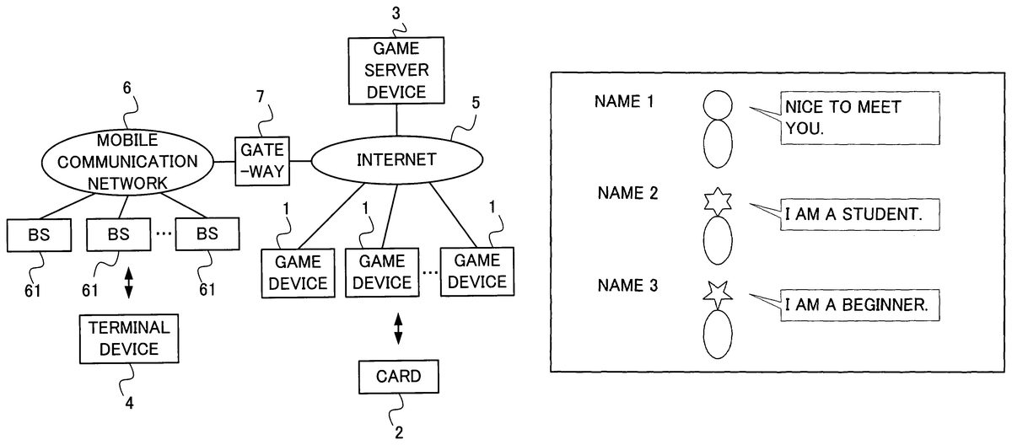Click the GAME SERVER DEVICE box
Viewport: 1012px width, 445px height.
click(x=396, y=72)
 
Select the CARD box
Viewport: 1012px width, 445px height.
click(x=399, y=376)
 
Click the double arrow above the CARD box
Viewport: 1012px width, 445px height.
click(x=399, y=329)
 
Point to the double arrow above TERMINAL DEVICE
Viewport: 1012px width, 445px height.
click(x=129, y=282)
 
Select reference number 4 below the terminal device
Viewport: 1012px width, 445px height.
click(x=129, y=403)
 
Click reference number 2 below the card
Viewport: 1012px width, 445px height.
click(x=399, y=433)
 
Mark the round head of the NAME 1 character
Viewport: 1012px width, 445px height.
click(x=719, y=105)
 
